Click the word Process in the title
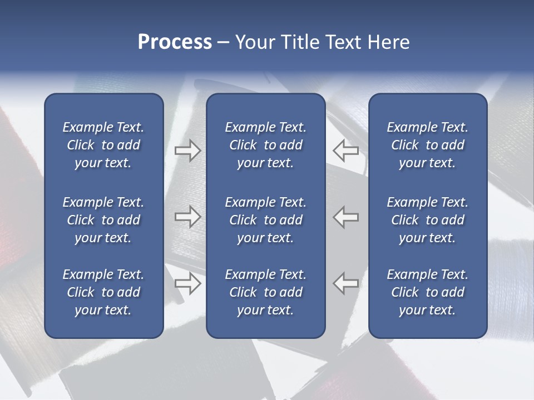click(x=175, y=42)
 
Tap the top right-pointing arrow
click(x=188, y=151)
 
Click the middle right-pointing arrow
click(x=188, y=217)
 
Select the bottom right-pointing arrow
click(x=188, y=283)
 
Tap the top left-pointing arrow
click(x=346, y=151)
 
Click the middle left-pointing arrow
click(x=346, y=217)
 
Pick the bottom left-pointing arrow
click(x=346, y=283)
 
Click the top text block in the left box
click(x=103, y=145)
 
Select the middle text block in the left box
click(x=103, y=220)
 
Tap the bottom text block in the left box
click(x=103, y=292)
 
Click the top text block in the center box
click(x=265, y=145)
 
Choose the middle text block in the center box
click(x=265, y=220)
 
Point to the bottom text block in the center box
click(x=265, y=292)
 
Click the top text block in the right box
click(x=427, y=145)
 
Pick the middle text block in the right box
click(x=427, y=220)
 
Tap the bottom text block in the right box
click(x=427, y=292)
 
